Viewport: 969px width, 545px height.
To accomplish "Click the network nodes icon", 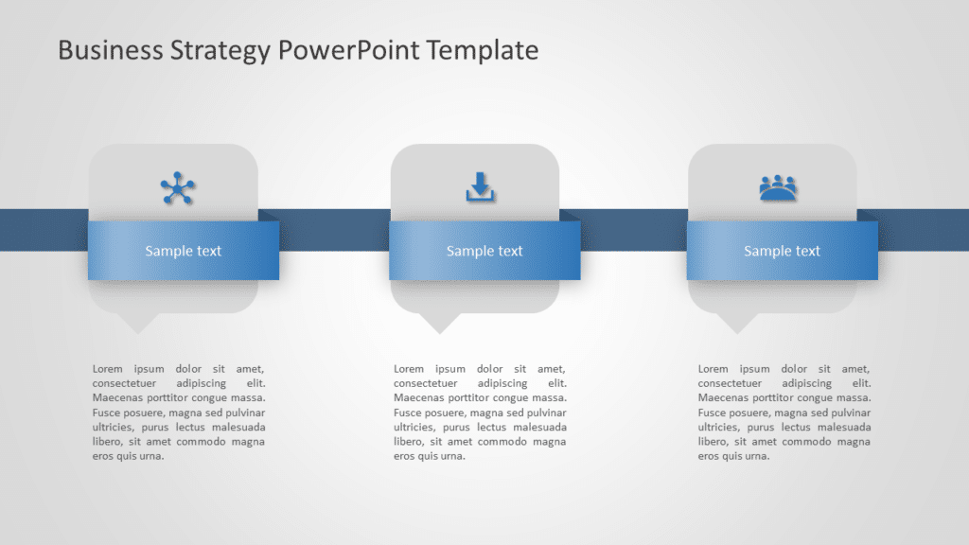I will point(177,188).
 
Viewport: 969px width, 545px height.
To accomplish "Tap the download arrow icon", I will point(480,186).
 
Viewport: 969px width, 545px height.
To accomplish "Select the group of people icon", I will point(778,187).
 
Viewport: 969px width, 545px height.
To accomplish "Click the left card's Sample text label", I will point(183,251).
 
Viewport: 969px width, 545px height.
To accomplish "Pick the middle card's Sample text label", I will point(484,251).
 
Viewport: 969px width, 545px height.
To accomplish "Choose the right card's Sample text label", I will point(782,251).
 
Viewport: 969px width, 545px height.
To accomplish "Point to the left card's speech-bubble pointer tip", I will point(139,330).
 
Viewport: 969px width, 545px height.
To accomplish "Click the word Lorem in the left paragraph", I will point(107,369).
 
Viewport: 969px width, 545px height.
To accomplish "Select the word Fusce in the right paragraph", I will point(712,413).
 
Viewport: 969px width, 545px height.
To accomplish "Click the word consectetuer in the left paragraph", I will point(124,383).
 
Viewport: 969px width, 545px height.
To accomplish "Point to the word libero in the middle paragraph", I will point(408,442).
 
